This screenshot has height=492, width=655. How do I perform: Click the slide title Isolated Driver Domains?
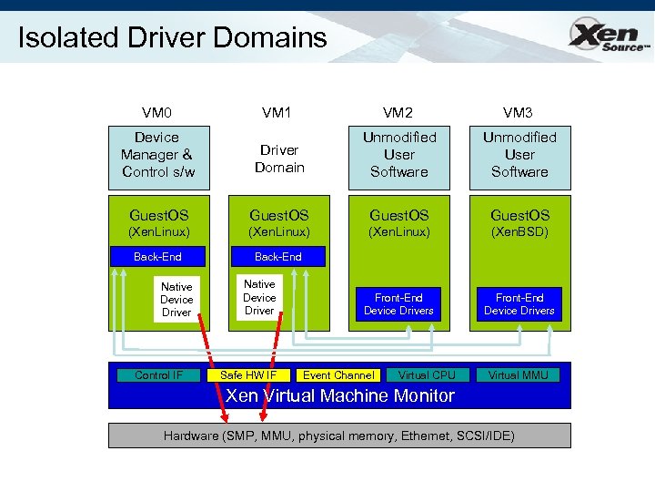pyautogui.click(x=172, y=37)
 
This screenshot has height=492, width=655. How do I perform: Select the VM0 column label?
pyautogui.click(x=157, y=113)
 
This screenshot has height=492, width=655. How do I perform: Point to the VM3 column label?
pyautogui.click(x=519, y=113)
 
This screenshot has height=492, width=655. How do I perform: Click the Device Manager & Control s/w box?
pyautogui.click(x=157, y=154)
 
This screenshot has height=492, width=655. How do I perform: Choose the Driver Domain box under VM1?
pyautogui.click(x=278, y=159)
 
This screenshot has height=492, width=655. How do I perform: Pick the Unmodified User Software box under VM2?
pyautogui.click(x=398, y=154)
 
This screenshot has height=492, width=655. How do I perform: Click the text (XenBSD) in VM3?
pyautogui.click(x=519, y=232)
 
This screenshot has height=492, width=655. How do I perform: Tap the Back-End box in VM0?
pyautogui.click(x=157, y=257)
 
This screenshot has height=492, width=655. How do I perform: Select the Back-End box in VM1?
pyautogui.click(x=278, y=257)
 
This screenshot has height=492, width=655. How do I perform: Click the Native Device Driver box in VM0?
pyautogui.click(x=176, y=300)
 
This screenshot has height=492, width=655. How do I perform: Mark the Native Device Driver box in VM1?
pyautogui.click(x=259, y=298)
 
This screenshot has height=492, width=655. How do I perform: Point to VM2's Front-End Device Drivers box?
pyautogui.click(x=398, y=303)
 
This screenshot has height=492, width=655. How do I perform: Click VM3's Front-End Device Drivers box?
pyautogui.click(x=519, y=303)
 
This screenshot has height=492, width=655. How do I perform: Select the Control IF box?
pyautogui.click(x=158, y=375)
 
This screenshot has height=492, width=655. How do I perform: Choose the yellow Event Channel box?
pyautogui.click(x=338, y=375)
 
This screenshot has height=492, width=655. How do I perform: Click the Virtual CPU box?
pyautogui.click(x=427, y=375)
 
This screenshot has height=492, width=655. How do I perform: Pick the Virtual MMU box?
pyautogui.click(x=519, y=375)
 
